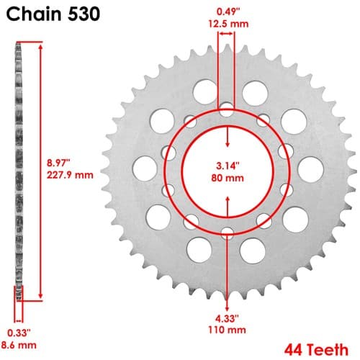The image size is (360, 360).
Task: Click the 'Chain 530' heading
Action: (53, 14)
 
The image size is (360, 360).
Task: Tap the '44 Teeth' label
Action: (316, 350)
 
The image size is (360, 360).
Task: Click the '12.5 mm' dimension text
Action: (228, 24)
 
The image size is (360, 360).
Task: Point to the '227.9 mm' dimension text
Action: (70, 175)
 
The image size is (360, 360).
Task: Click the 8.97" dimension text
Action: (58, 163)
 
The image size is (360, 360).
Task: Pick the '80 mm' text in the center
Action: (228, 178)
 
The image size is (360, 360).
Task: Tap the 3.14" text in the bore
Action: (228, 166)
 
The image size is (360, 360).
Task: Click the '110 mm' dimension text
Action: (227, 330)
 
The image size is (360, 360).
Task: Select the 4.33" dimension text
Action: (227, 318)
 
